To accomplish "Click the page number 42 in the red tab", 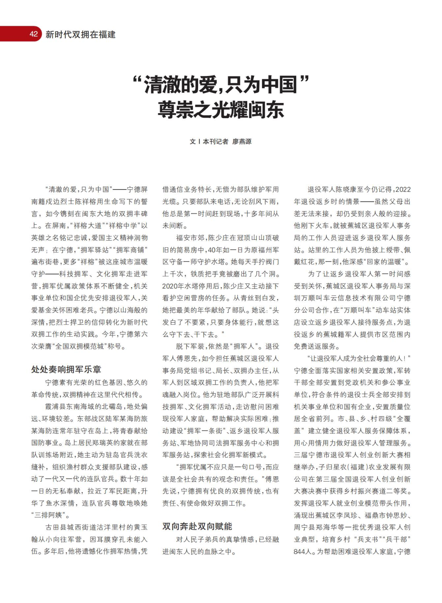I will coord(34,34).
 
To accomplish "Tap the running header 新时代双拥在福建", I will coord(80,35).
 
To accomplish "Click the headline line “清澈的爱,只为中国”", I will coord(221,84).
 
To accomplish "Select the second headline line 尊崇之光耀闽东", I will coord(221,110).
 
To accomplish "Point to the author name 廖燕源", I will coord(242,141).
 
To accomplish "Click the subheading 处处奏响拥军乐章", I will coord(66,369).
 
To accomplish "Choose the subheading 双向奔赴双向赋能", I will coord(197,526).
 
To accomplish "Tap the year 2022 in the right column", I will coord(403,190).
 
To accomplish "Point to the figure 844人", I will coord(303,552).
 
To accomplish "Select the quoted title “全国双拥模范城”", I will coord(80,346).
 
